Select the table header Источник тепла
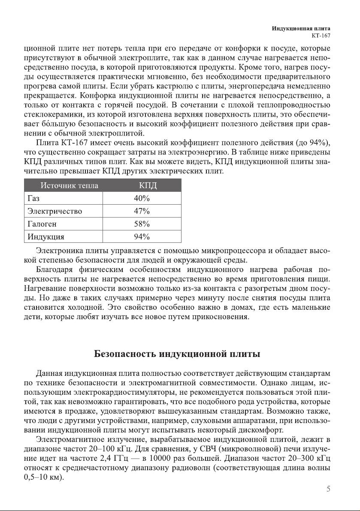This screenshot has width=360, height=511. tap(69, 186)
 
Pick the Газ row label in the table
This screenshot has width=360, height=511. tap(33, 199)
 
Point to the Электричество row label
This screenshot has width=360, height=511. tap(54, 211)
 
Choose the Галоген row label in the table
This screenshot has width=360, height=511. tap(42, 224)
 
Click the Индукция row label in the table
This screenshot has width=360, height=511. tap(46, 237)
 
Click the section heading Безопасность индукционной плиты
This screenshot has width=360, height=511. tap(177, 354)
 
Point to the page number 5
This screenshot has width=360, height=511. tap(328, 488)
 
